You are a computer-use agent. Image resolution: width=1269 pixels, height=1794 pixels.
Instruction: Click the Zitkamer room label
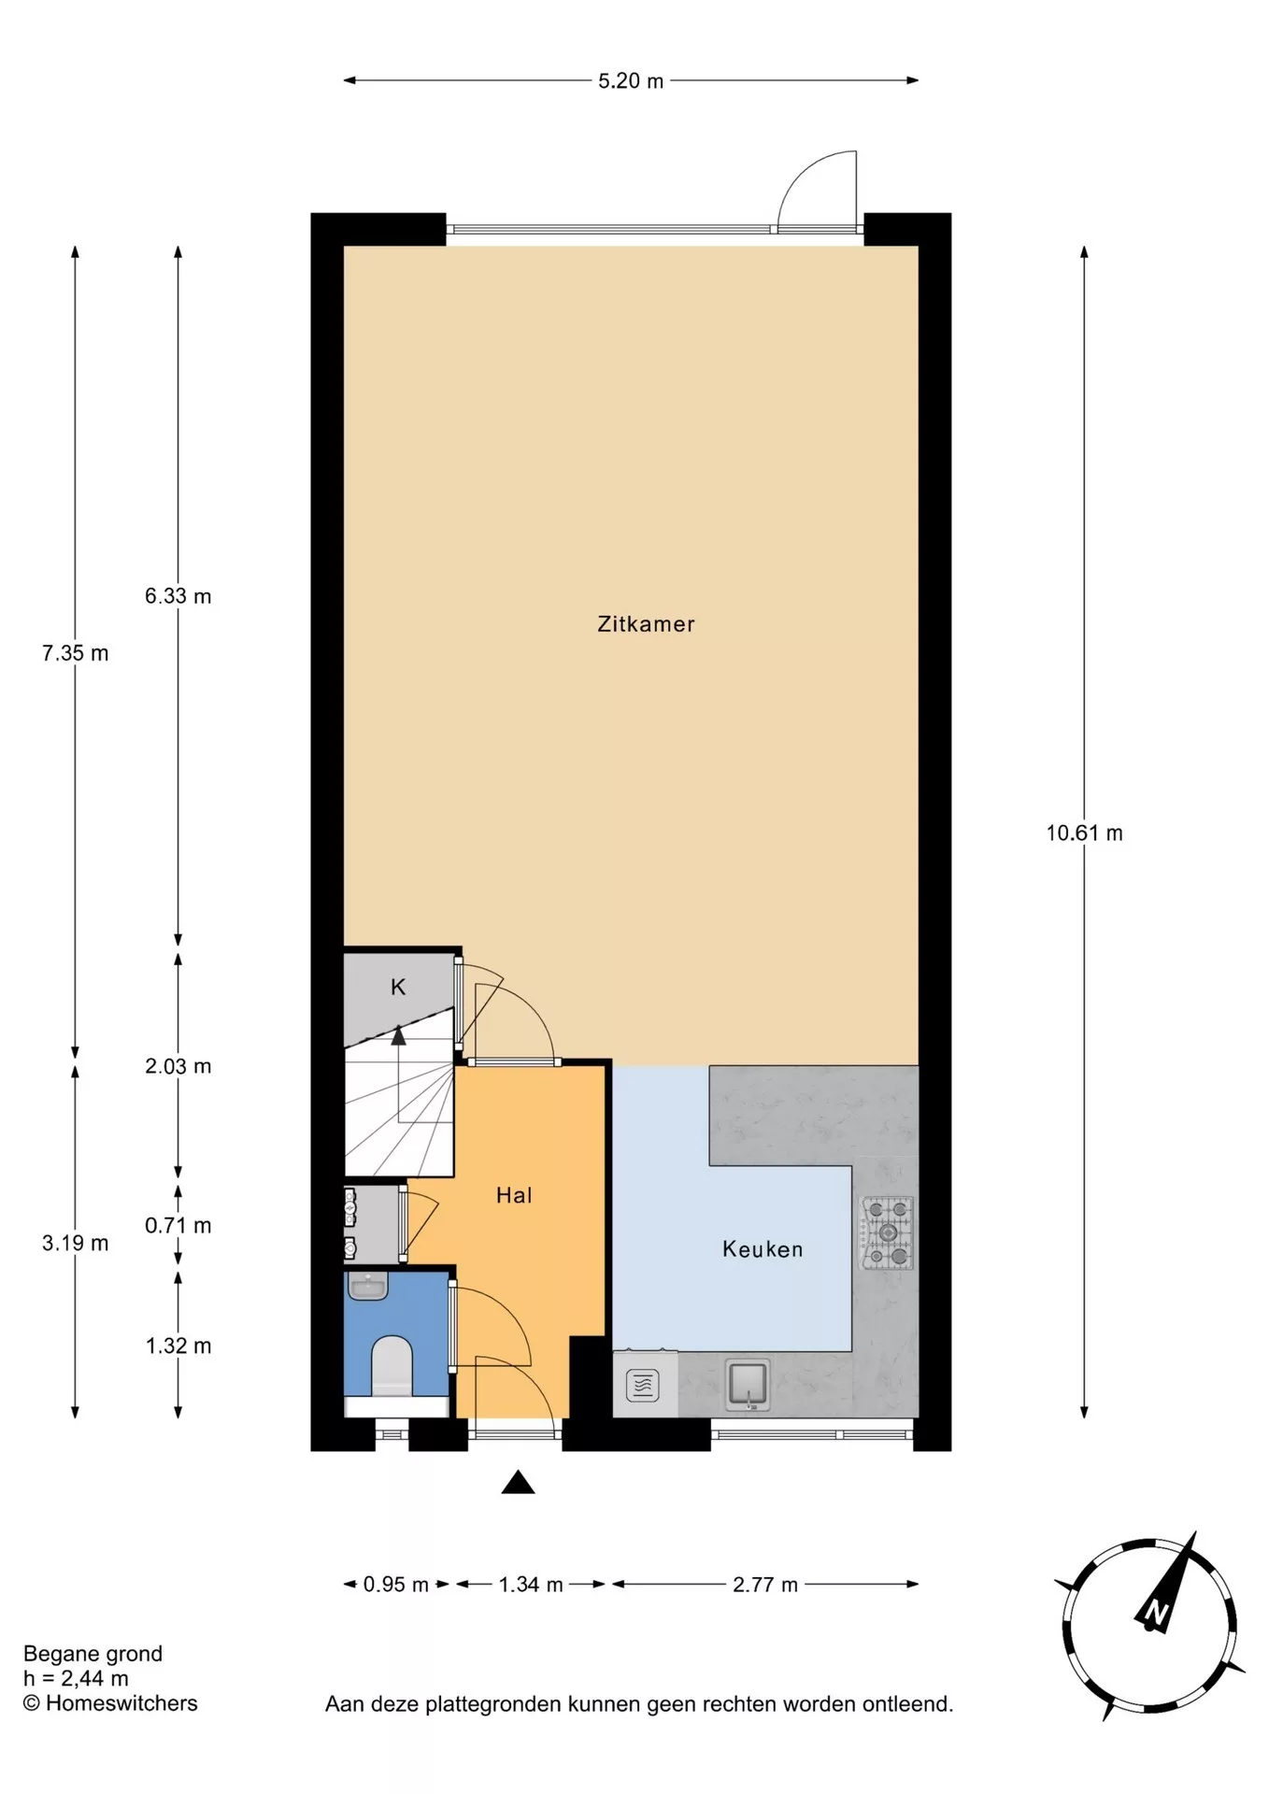(646, 624)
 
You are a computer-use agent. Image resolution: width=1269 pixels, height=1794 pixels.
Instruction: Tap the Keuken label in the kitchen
(763, 1249)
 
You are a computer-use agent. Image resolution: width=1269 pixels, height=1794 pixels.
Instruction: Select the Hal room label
(514, 1195)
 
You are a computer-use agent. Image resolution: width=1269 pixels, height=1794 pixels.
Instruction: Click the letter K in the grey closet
(398, 987)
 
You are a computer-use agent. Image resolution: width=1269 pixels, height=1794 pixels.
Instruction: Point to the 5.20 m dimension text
(631, 81)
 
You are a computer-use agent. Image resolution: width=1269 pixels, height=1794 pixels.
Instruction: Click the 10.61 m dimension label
(1084, 833)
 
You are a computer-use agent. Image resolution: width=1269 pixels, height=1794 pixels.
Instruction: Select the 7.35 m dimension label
(75, 654)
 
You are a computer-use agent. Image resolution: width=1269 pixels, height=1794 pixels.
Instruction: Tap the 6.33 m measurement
(178, 596)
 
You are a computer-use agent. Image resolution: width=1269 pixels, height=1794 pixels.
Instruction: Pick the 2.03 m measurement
(178, 1066)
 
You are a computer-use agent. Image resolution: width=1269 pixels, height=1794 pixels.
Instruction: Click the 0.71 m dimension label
(178, 1226)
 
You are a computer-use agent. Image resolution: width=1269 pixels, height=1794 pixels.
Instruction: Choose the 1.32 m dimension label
(178, 1346)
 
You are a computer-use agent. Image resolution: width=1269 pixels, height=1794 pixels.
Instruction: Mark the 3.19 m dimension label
(75, 1244)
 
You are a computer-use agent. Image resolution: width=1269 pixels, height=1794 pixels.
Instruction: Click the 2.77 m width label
(765, 1585)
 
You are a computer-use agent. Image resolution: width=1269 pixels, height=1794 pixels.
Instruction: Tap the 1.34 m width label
(531, 1585)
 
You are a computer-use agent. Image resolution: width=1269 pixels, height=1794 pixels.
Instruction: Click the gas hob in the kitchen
(887, 1233)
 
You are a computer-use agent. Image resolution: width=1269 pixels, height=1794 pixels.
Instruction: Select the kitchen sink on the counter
(749, 1385)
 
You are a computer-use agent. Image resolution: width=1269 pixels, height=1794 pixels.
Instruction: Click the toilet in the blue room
(392, 1367)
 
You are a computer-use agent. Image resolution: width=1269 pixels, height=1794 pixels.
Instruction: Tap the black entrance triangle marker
(518, 1483)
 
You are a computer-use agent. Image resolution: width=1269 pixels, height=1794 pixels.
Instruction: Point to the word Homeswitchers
(121, 1703)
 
